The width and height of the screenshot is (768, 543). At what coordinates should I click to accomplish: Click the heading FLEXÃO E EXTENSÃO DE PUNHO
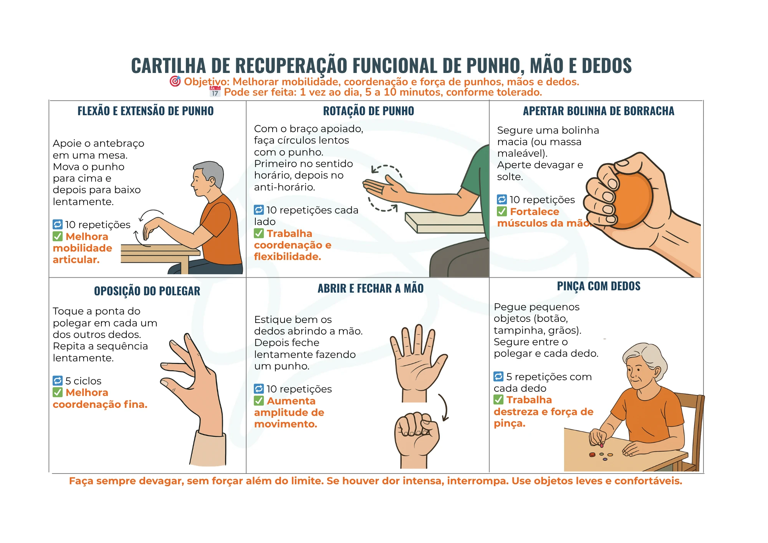pos(146,111)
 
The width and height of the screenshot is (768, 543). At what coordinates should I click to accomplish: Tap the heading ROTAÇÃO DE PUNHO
pos(368,111)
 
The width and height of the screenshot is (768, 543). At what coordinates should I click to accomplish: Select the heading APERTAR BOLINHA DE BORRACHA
pos(598,111)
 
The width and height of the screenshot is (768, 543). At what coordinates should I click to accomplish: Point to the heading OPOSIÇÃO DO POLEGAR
pos(147,291)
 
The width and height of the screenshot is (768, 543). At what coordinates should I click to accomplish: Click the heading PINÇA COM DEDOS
pos(598,286)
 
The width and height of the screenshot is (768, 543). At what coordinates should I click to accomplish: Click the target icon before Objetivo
pos(175,81)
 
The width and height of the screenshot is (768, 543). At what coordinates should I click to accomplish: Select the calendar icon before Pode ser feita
pos(215,92)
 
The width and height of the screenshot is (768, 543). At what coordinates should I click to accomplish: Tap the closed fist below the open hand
pos(417,434)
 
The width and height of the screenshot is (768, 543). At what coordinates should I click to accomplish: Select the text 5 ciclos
pos(83,381)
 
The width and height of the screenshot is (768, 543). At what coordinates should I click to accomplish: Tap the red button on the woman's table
pos(592,455)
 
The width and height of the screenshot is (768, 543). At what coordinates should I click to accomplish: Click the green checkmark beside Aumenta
pos(259,401)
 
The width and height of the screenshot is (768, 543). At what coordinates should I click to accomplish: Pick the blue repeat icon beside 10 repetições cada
pos(259,210)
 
